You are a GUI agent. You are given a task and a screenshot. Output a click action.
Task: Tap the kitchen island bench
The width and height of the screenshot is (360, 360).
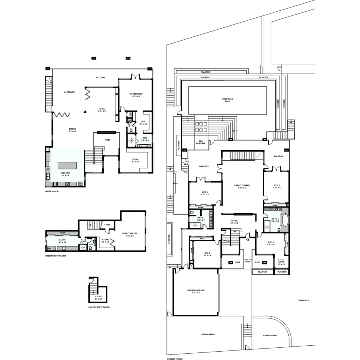[x=67, y=165]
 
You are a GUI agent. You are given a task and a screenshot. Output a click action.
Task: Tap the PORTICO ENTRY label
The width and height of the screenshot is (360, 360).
[x=247, y=261]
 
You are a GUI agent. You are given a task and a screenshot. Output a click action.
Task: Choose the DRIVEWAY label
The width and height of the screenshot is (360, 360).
[x=304, y=300]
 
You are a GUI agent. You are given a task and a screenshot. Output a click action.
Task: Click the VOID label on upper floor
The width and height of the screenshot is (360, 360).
[x=107, y=140]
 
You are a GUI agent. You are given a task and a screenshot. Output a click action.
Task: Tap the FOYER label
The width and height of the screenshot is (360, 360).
[x=234, y=221]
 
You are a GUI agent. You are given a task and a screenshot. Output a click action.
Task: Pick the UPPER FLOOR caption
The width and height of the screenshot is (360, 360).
[x=52, y=192]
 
